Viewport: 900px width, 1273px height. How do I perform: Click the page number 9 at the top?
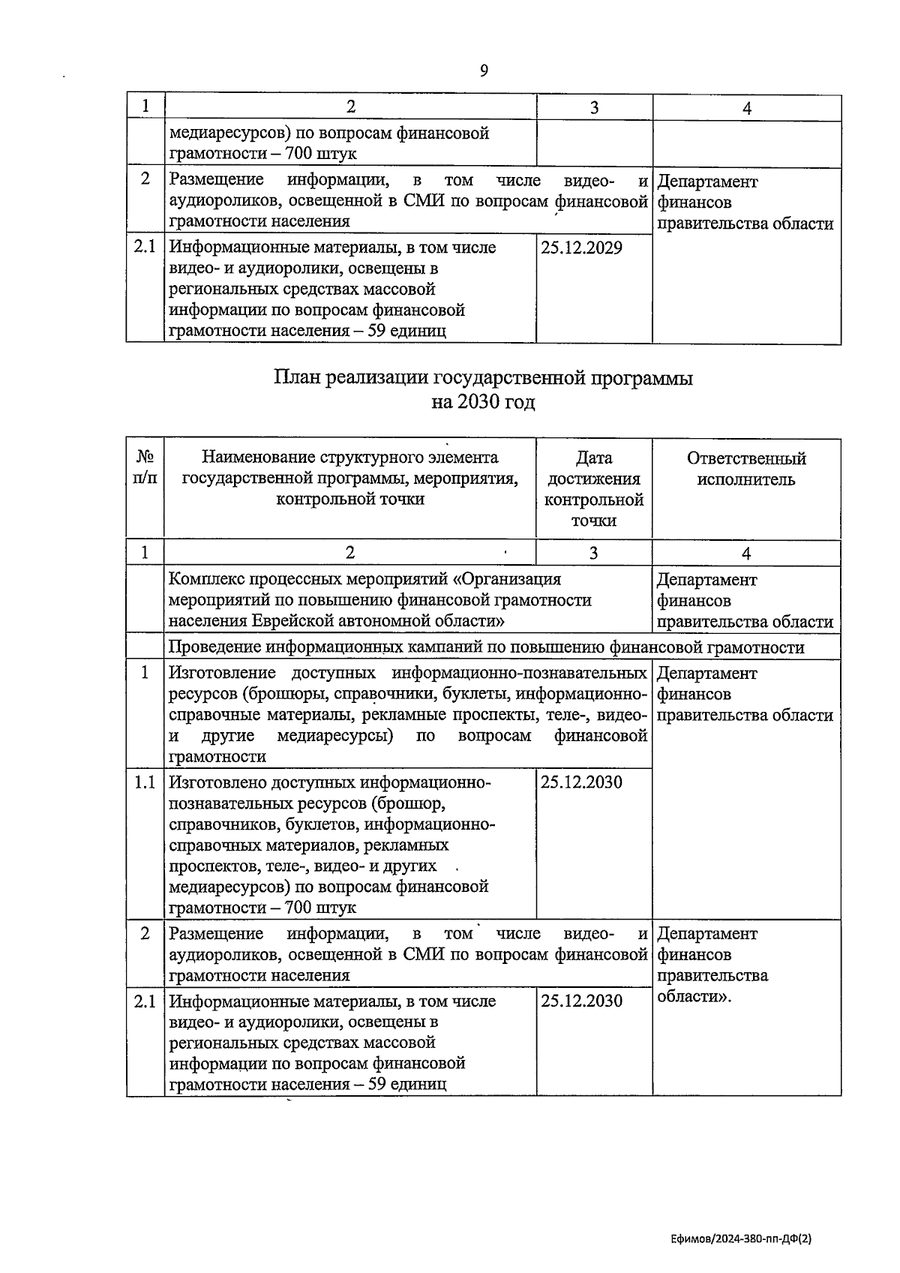click(x=484, y=71)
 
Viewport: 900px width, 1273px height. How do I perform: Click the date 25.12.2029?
click(x=581, y=248)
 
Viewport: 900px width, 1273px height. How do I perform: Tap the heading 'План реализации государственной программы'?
click(x=483, y=377)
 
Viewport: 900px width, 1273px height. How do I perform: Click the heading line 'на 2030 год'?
click(x=483, y=403)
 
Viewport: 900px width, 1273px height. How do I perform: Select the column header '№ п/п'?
click(x=145, y=468)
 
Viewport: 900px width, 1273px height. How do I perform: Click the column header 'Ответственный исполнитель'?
click(x=745, y=469)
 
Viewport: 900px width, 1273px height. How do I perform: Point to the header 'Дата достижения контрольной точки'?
click(x=594, y=488)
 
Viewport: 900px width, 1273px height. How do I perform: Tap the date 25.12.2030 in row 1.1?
click(x=581, y=782)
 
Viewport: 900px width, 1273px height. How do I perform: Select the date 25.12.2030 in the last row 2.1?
click(x=581, y=1001)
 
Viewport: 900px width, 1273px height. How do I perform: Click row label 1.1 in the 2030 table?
click(x=145, y=782)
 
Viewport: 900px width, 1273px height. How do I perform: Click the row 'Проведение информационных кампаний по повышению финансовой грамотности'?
click(x=486, y=647)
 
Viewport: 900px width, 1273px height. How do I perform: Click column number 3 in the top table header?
click(x=594, y=108)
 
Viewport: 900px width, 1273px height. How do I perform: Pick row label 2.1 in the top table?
click(x=145, y=247)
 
